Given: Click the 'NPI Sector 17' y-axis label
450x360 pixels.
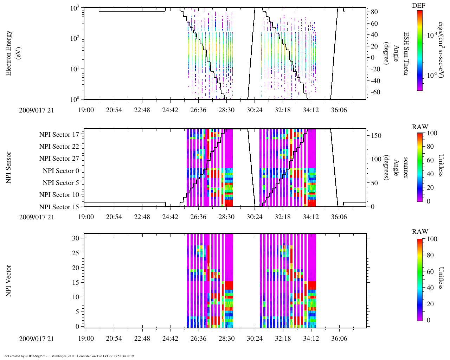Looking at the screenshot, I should point(59,135).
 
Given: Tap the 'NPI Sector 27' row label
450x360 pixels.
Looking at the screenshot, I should point(59,159).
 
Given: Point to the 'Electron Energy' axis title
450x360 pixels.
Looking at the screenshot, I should point(9,53).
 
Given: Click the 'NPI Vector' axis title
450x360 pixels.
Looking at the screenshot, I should point(9,281).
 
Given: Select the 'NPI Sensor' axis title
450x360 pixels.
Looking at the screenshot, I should point(9,167).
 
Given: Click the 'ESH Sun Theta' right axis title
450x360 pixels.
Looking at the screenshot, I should point(406,53).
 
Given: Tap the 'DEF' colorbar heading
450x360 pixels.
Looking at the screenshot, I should point(418,6).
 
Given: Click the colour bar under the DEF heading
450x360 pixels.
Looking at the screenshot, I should point(420,50).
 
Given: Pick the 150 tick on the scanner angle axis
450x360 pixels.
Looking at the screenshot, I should point(377,136).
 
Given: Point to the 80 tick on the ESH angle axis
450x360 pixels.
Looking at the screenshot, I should point(374,12).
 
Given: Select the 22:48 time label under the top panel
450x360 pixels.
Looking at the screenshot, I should point(142,110).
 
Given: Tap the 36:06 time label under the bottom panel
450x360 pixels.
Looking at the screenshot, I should point(339,339).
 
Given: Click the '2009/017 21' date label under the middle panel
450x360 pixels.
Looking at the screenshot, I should point(37,217).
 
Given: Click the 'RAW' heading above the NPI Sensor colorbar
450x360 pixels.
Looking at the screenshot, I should point(420,127).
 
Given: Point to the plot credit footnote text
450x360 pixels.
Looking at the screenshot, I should point(69,356).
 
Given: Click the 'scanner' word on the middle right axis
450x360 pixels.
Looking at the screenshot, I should point(406,167).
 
